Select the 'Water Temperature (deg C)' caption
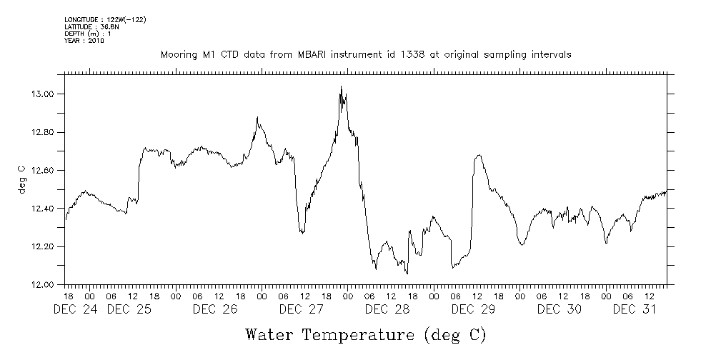[x=364, y=334]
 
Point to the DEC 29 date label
[x=473, y=309]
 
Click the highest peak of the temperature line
[x=341, y=87]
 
